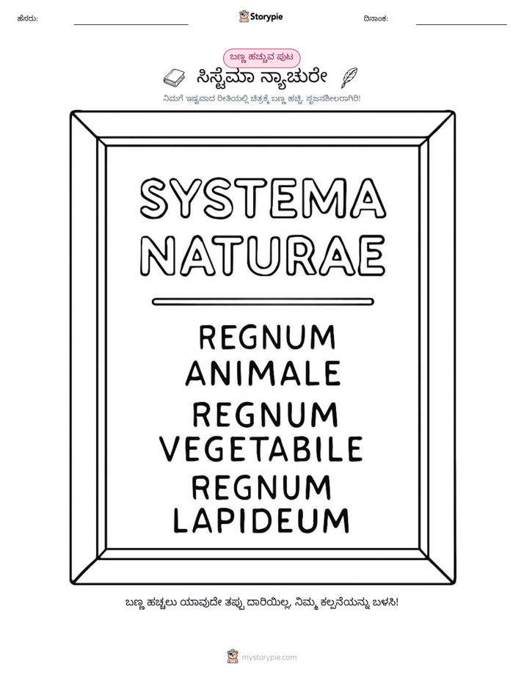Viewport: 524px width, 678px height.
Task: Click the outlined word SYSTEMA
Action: [263, 198]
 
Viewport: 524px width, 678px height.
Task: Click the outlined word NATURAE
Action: [263, 255]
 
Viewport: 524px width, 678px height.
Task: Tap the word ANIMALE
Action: [263, 373]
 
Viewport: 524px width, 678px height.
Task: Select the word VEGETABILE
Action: [261, 449]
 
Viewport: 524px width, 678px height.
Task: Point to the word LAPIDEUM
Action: [261, 520]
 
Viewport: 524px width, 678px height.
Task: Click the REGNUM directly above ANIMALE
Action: [266, 338]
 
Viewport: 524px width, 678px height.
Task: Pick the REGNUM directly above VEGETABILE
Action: [265, 415]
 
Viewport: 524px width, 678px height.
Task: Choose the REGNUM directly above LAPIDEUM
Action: [261, 487]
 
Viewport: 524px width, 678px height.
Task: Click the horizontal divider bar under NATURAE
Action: [263, 302]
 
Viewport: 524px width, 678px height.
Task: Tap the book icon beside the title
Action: [174, 78]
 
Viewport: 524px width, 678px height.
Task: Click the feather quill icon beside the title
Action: [349, 78]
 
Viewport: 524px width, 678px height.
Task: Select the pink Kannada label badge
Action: [261, 58]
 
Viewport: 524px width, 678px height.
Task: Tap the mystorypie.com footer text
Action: [269, 657]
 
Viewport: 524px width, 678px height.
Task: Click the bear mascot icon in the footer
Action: [233, 657]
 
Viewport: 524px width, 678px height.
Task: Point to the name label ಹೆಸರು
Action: [28, 18]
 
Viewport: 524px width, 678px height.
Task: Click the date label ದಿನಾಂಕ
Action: [376, 18]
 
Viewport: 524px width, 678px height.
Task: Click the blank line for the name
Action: [131, 24]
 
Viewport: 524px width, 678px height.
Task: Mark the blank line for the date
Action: [462, 24]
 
